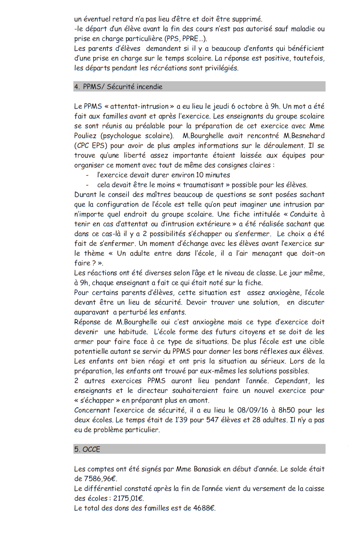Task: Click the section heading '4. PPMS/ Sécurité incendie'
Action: point(118,87)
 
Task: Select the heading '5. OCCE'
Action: point(87,449)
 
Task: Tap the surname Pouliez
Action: point(87,136)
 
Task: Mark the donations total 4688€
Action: point(203,508)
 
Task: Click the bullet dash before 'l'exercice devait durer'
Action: point(87,175)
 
